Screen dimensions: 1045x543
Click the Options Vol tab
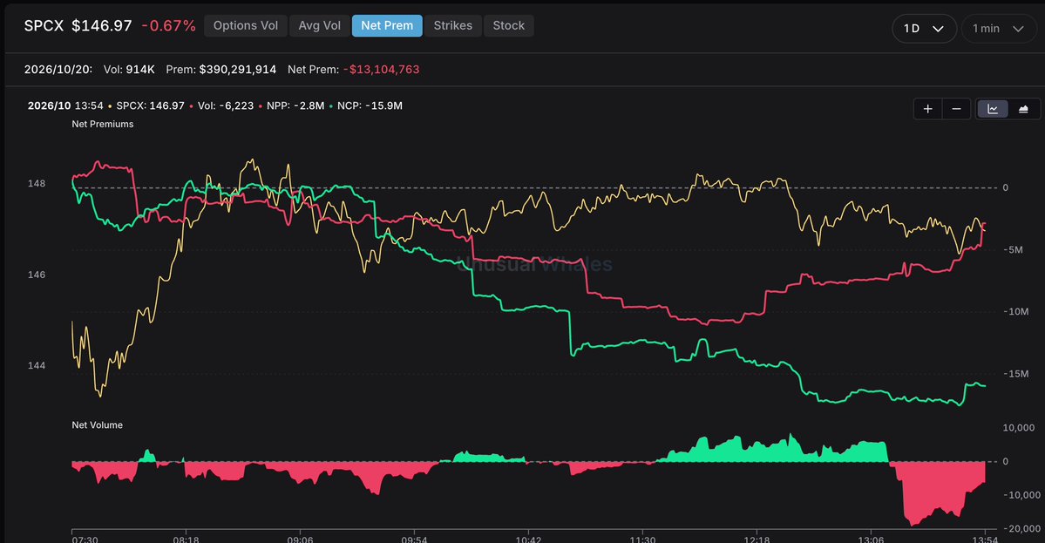point(245,26)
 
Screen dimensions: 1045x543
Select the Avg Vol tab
point(319,26)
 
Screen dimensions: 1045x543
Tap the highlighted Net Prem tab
point(387,26)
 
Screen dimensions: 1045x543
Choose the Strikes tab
point(452,26)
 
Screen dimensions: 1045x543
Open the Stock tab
point(508,26)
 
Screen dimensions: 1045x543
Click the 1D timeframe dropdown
point(924,29)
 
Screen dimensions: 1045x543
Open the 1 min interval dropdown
point(998,29)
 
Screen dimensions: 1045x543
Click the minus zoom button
point(956,109)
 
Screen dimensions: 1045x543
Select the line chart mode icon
point(993,109)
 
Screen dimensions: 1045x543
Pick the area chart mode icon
point(1023,109)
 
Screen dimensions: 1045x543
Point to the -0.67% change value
point(168,26)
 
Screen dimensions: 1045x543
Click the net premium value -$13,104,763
point(381,69)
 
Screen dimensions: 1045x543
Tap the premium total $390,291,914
point(237,69)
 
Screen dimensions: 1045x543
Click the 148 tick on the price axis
point(37,183)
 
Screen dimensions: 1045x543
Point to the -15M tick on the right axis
point(1015,374)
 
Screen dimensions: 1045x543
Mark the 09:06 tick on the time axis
point(300,539)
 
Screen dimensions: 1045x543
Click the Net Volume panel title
point(98,425)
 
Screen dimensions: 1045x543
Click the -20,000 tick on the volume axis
point(1021,528)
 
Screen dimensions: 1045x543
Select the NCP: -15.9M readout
point(370,106)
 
